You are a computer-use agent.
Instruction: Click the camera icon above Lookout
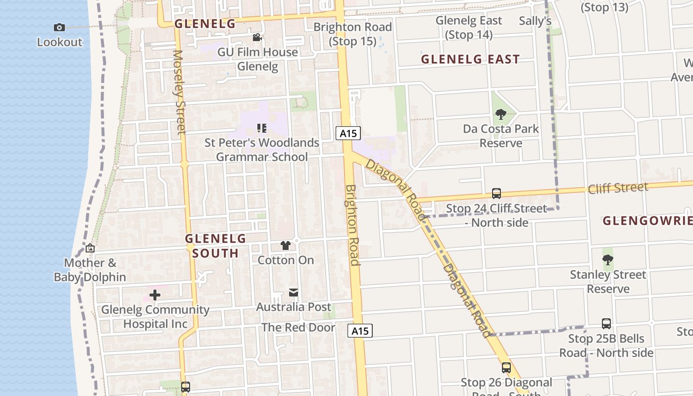coord(59,28)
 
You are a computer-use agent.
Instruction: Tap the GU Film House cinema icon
coord(257,38)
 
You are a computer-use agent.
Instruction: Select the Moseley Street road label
coord(179,92)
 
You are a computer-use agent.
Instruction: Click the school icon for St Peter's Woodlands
coord(262,129)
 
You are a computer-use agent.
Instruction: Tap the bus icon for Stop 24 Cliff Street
coord(496,194)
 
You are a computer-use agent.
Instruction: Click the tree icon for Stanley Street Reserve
coord(608,260)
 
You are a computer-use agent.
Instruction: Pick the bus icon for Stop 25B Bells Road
coord(606,324)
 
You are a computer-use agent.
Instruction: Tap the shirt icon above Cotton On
coord(286,246)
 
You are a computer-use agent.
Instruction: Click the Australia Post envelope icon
coord(294,293)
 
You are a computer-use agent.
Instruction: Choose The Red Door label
coord(298,327)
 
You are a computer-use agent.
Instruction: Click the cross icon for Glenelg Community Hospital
coord(155,296)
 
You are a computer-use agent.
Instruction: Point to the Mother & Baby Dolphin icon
coord(90,248)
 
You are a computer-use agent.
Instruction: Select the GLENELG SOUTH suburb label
coord(215,246)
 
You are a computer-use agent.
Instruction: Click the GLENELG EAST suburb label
coord(470,59)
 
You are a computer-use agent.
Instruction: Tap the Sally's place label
coord(535,21)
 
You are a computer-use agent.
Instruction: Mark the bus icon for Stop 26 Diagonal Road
coord(506,368)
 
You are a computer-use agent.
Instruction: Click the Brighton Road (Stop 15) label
coord(352,34)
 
